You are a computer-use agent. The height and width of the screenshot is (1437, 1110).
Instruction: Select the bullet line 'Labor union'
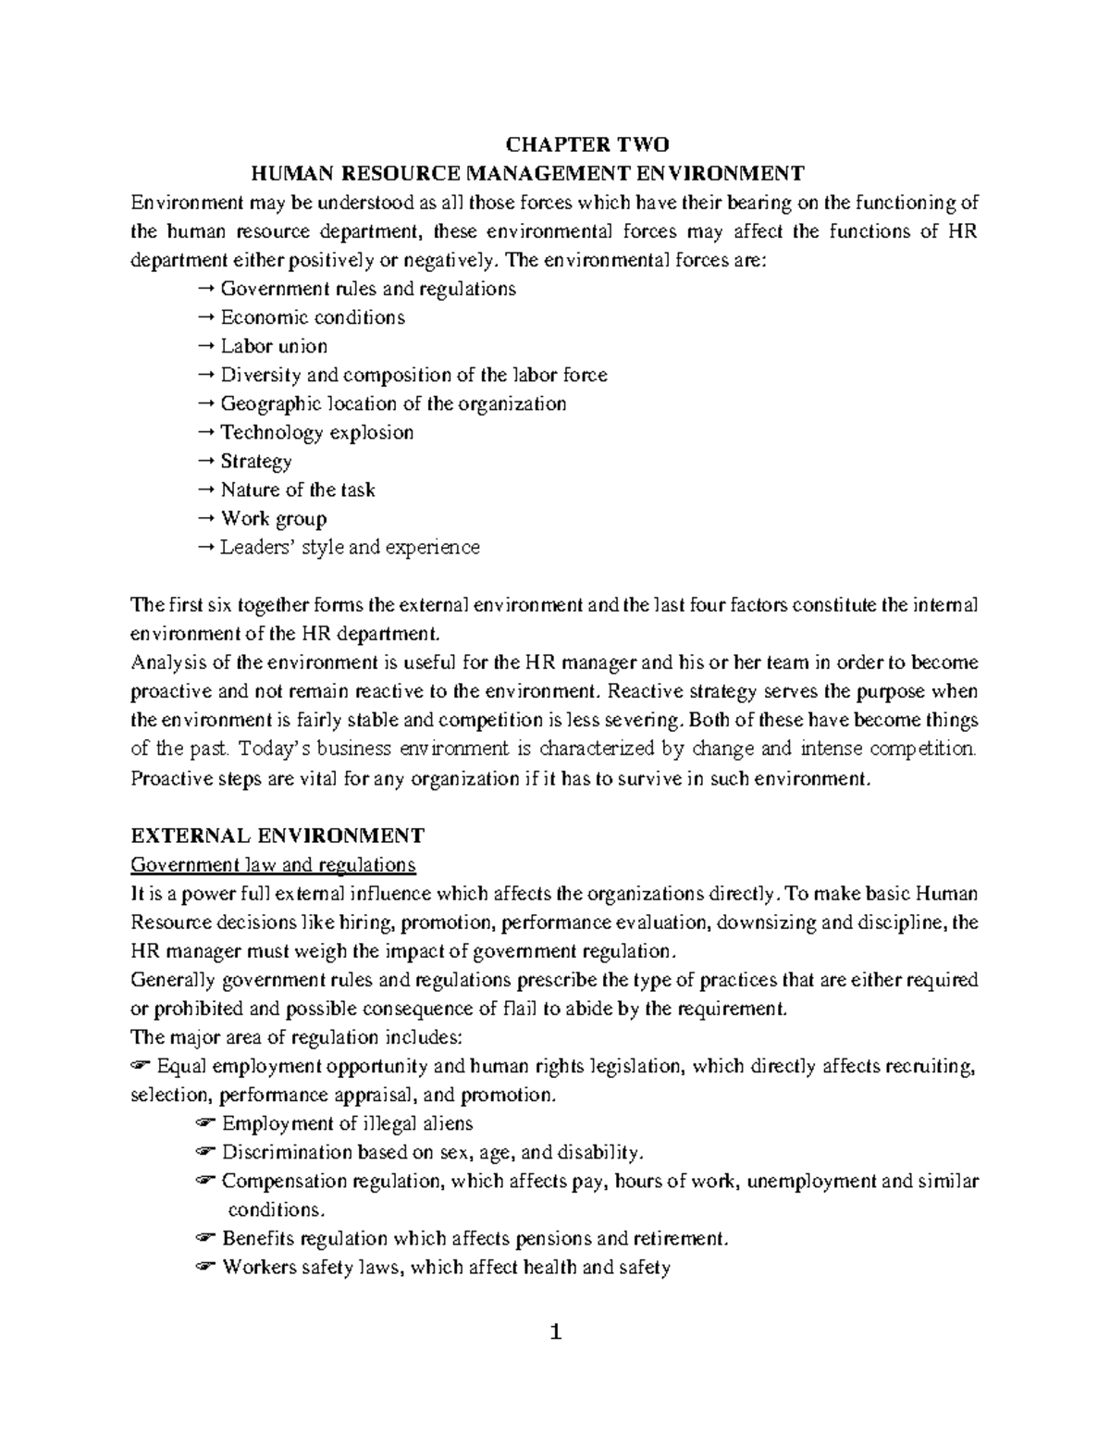click(274, 346)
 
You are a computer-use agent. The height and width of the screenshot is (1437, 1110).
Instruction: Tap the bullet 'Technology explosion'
click(316, 432)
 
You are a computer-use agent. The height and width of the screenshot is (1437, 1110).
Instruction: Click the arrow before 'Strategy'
click(206, 462)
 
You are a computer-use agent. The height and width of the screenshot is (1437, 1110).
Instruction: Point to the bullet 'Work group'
click(273, 518)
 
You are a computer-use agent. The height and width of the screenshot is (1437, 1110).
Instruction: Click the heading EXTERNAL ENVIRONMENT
click(277, 836)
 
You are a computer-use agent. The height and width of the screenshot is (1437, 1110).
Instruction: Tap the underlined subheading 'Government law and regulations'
click(273, 865)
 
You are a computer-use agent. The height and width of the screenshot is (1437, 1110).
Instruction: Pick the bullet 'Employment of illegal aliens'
click(347, 1123)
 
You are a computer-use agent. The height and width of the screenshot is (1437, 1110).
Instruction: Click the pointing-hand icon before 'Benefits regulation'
click(205, 1239)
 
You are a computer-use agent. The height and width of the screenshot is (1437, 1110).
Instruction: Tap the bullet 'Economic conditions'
click(312, 317)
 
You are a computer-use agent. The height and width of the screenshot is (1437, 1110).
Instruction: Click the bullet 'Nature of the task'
click(297, 489)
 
